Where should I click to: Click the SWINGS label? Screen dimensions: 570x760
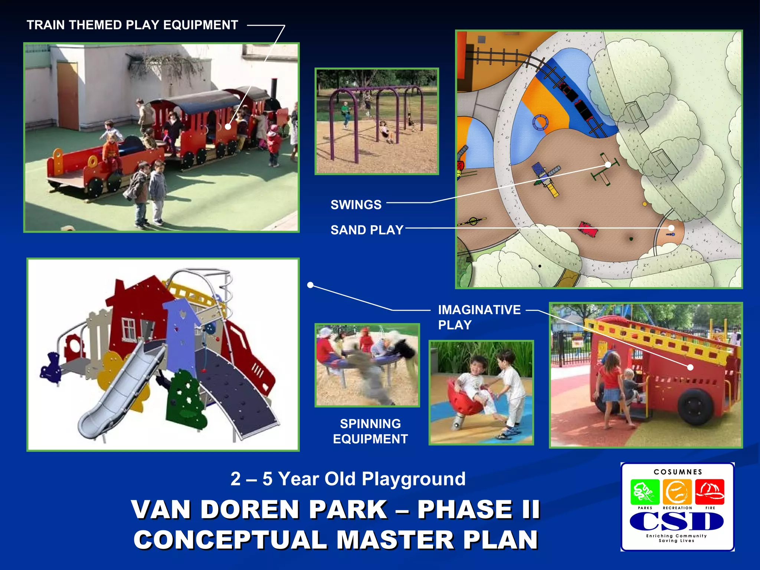[356, 204]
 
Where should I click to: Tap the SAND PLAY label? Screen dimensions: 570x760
[367, 230]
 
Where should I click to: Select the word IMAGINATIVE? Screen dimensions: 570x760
[479, 310]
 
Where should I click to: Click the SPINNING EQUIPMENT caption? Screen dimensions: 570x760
[370, 431]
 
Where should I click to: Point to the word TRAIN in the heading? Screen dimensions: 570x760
[46, 25]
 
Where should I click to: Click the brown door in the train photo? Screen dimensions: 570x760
[68, 96]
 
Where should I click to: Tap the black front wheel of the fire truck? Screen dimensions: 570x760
[693, 406]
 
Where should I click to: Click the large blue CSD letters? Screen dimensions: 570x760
[677, 521]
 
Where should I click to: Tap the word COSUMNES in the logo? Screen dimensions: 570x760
[678, 472]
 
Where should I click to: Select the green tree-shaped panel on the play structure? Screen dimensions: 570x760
[186, 399]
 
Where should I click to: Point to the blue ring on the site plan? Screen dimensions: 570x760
[540, 122]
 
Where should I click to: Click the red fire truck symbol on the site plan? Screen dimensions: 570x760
[587, 229]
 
